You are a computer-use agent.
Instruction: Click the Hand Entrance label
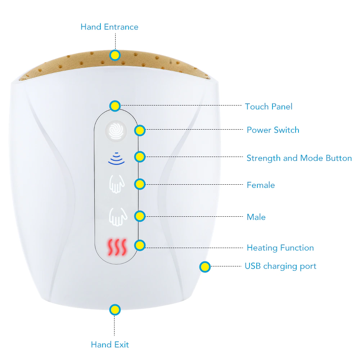click(109, 27)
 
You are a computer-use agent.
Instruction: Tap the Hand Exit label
click(110, 345)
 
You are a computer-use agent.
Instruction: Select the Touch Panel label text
click(269, 107)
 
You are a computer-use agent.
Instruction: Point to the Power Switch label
click(273, 130)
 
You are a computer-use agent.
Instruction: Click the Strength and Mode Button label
click(299, 158)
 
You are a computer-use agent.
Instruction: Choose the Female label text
click(261, 185)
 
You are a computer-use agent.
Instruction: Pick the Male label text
click(256, 217)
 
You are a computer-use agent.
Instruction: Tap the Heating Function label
click(280, 248)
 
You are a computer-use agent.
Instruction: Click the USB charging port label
click(280, 266)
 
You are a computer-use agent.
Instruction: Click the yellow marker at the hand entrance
click(115, 55)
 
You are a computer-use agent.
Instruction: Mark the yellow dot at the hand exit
click(115, 309)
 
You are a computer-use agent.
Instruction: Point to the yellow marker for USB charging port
click(205, 267)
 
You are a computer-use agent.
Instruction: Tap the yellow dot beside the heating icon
click(140, 246)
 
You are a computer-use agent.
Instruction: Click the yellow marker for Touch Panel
click(115, 106)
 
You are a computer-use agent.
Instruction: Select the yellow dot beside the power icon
click(140, 130)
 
